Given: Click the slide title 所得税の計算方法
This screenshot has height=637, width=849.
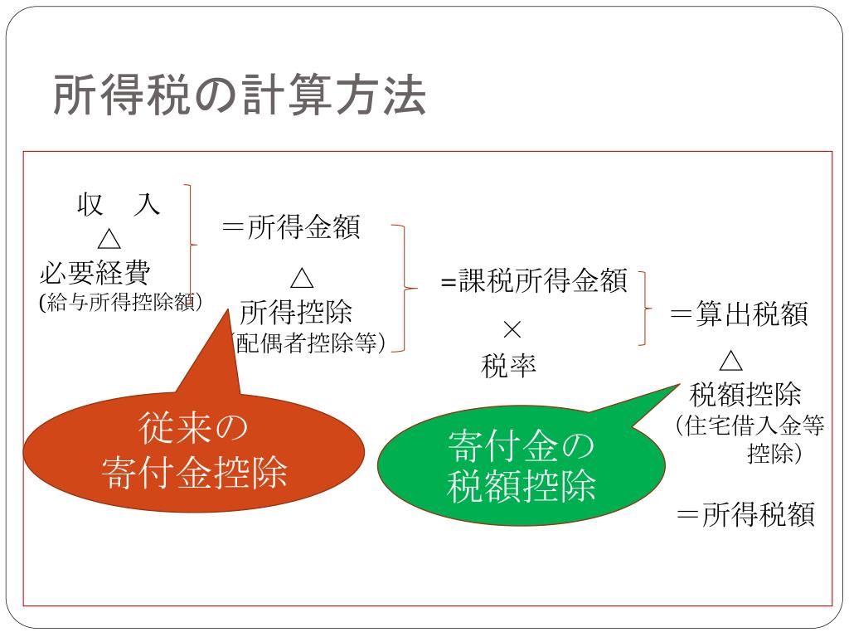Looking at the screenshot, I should click(x=240, y=96).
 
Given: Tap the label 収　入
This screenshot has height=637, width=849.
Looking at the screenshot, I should click(x=119, y=204).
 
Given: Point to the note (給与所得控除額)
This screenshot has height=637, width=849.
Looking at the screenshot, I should click(x=121, y=302).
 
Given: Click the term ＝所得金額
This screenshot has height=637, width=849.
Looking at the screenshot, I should click(x=291, y=228).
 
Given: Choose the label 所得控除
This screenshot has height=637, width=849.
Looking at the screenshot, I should click(x=296, y=313).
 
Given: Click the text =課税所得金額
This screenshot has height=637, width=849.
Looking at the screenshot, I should click(x=534, y=281).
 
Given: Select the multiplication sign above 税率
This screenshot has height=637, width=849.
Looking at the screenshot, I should click(x=512, y=329).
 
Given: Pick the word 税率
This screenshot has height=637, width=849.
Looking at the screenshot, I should click(x=509, y=365).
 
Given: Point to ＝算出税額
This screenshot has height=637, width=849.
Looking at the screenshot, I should click(x=739, y=314).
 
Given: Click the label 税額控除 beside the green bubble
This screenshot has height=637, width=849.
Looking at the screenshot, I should click(x=745, y=393).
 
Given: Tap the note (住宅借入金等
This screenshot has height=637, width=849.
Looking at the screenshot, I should click(x=750, y=426).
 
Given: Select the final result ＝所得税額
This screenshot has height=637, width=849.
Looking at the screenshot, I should click(x=746, y=514).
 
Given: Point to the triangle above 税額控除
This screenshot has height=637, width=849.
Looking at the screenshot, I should click(x=730, y=361).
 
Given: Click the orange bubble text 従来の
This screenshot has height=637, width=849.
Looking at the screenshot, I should click(x=194, y=430).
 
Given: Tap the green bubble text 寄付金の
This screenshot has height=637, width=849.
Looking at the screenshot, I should click(x=522, y=446).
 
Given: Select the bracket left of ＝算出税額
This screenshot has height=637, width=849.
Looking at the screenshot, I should click(x=642, y=307).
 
